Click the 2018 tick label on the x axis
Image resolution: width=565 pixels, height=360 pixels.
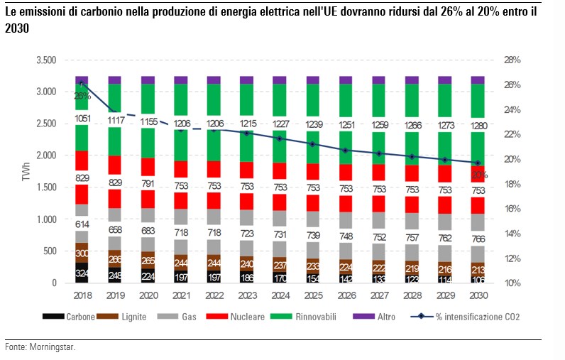[x=82, y=295]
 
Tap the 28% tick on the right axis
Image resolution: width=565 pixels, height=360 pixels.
[x=511, y=60]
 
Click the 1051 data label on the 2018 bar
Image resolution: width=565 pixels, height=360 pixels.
[x=82, y=119]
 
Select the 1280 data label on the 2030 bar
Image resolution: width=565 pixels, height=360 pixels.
[x=478, y=126]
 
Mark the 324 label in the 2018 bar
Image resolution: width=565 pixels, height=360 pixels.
[x=82, y=273]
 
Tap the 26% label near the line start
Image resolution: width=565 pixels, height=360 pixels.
[x=82, y=96]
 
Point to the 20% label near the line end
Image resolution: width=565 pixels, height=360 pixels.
[x=479, y=174]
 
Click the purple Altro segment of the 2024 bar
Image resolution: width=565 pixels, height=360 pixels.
[x=280, y=80]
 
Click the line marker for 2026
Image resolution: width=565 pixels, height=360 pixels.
[x=346, y=151]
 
